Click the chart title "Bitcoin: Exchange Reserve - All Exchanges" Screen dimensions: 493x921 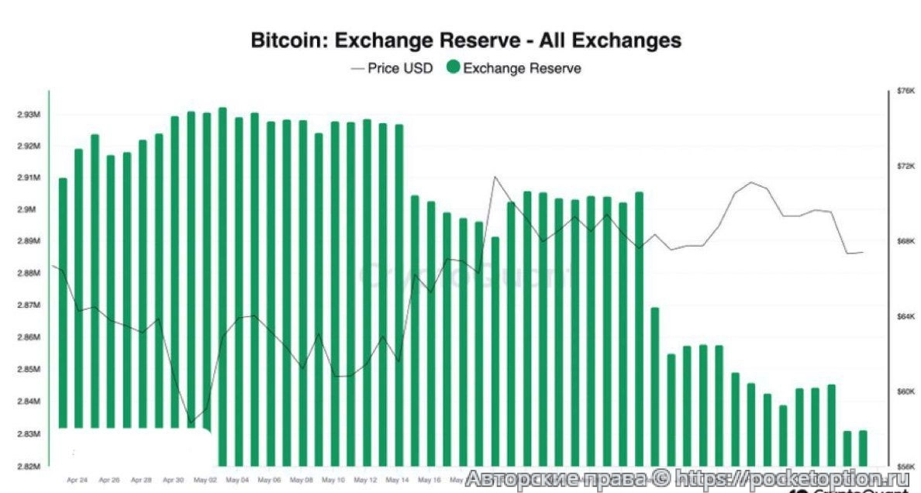(466, 40)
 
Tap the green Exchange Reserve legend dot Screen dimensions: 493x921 (453, 67)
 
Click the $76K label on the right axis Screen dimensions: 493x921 (905, 91)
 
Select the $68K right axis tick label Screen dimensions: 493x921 (905, 241)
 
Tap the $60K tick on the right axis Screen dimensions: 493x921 (905, 391)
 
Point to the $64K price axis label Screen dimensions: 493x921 (905, 316)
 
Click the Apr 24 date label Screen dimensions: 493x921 (78, 479)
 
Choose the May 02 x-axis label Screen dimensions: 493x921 (205, 479)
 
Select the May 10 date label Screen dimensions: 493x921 (333, 479)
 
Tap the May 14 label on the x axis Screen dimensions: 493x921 (397, 479)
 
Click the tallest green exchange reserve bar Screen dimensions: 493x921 (222, 287)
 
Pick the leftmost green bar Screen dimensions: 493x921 (63, 302)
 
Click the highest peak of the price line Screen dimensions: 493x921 (495, 177)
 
